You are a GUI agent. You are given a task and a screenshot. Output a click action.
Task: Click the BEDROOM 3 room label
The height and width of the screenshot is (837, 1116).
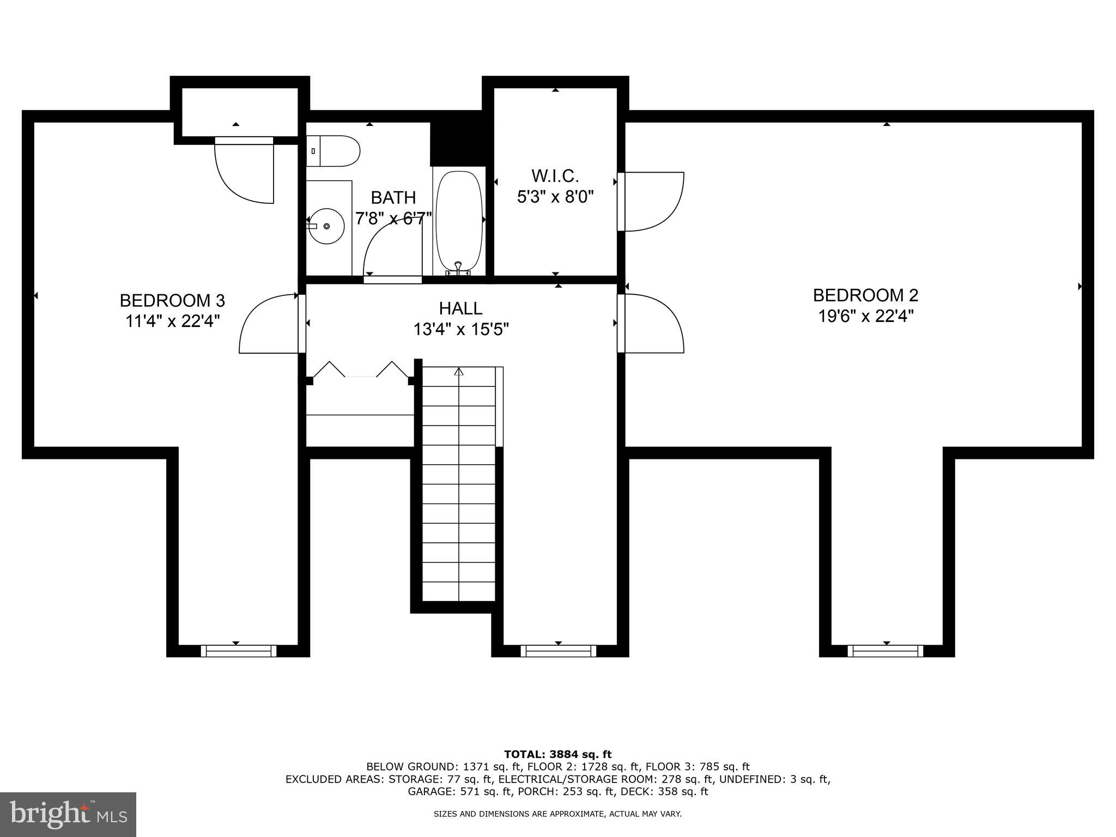(172, 300)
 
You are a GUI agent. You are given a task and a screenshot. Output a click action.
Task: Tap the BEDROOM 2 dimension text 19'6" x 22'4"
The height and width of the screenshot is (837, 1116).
(865, 316)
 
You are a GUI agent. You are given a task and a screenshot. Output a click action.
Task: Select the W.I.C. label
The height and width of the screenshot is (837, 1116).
(555, 175)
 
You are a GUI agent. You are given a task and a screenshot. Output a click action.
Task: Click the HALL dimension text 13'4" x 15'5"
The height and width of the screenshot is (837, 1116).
(461, 330)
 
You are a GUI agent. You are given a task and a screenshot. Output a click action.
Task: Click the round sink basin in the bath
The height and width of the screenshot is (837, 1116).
(327, 226)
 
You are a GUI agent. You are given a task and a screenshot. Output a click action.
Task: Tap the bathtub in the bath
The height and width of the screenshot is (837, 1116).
(459, 221)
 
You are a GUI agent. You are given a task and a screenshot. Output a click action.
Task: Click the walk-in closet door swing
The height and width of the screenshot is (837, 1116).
(651, 201)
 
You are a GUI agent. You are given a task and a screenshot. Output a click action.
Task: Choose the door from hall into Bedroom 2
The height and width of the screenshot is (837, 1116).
(651, 323)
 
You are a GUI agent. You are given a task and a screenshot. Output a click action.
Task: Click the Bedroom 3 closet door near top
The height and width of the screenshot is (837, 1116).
(245, 169)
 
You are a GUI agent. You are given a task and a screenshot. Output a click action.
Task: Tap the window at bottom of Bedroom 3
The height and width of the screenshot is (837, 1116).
(238, 651)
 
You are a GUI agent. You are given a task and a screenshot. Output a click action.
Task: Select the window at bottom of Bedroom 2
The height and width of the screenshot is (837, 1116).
(885, 651)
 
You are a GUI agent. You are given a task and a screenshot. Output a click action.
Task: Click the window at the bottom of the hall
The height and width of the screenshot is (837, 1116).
(558, 651)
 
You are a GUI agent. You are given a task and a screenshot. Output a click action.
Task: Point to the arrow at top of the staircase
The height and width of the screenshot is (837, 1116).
(459, 372)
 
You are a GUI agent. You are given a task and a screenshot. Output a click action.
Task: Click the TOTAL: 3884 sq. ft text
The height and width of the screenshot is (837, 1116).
(557, 754)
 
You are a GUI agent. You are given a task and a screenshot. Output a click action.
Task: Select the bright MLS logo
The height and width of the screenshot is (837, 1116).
(68, 814)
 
